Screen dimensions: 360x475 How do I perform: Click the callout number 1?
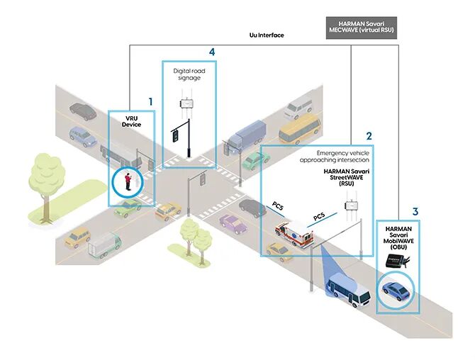pos(150,102)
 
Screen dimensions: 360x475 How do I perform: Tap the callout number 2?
pos(368,135)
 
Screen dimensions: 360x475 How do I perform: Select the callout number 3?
pos(415,211)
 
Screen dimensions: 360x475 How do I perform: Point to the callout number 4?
pos(211,52)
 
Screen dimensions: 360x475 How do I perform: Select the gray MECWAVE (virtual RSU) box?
pos(361,28)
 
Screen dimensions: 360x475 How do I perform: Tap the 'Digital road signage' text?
pos(188,74)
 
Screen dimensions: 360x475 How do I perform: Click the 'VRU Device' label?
pos(131,120)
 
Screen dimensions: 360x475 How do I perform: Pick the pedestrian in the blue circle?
pos(128,183)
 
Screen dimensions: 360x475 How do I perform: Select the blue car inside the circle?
pos(395,291)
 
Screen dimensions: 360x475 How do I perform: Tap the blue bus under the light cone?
pos(348,290)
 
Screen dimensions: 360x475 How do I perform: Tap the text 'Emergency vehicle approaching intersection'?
pos(342,156)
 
